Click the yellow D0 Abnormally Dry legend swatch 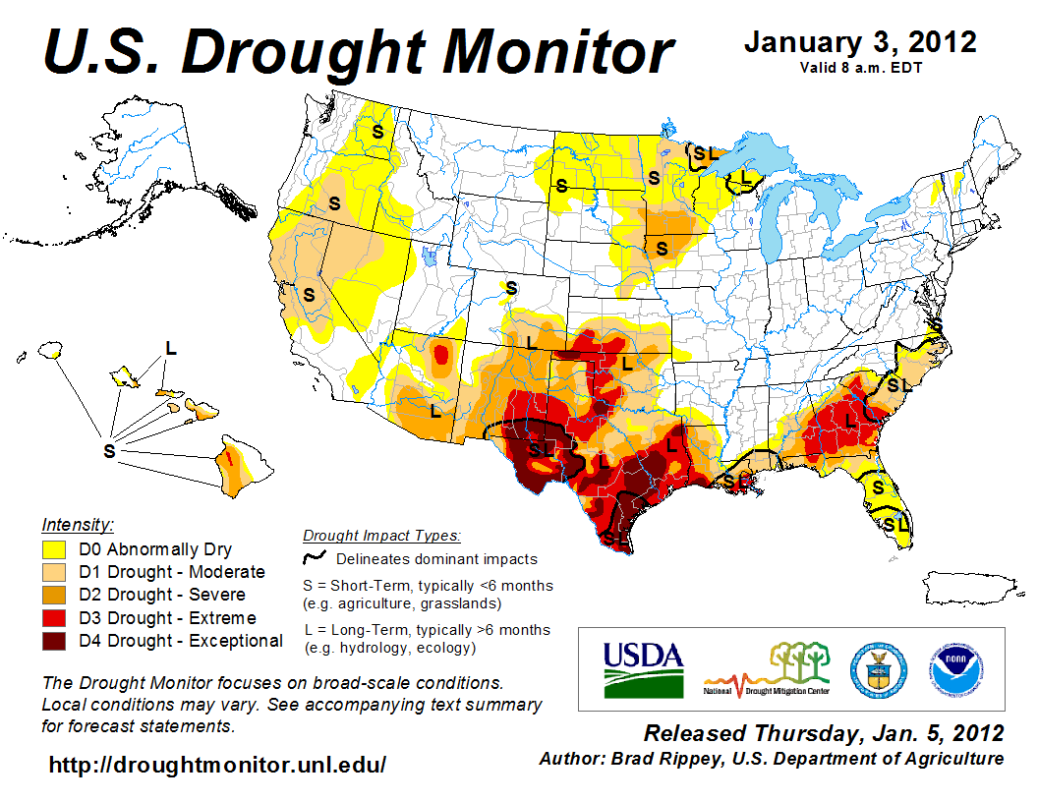[x=54, y=549]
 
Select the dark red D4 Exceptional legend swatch [x=54, y=641]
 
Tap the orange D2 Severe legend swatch [x=54, y=595]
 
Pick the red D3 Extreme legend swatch [x=54, y=618]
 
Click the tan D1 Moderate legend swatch [x=54, y=572]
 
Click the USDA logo [x=643, y=668]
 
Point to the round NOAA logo [x=951, y=668]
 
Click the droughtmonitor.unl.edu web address [x=217, y=764]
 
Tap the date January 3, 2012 [x=860, y=42]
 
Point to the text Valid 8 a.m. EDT [x=860, y=67]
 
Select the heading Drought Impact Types [x=381, y=536]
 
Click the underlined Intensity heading [x=79, y=525]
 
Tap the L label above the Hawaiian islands [x=171, y=348]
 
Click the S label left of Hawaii [x=108, y=450]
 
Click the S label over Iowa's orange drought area [x=662, y=248]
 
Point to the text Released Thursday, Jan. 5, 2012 [x=824, y=733]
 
